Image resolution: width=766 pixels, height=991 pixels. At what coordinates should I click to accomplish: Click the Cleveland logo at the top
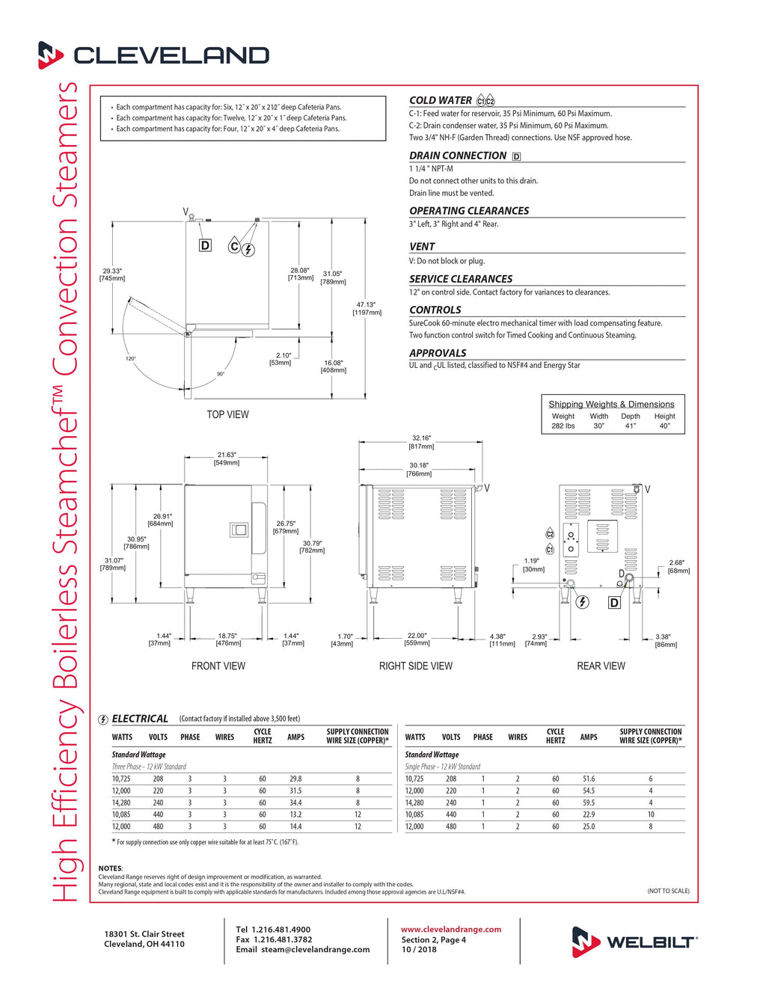(154, 55)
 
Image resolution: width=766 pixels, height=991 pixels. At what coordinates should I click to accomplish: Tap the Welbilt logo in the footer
(635, 942)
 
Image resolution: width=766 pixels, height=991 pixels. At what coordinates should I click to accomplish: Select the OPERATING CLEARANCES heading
(469, 211)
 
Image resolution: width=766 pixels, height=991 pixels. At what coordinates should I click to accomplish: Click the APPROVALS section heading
(438, 353)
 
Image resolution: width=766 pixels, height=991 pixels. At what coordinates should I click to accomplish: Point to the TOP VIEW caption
(227, 414)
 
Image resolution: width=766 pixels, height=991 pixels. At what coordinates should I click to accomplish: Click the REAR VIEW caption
(601, 666)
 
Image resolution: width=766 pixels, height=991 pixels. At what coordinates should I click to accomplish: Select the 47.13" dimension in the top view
(366, 305)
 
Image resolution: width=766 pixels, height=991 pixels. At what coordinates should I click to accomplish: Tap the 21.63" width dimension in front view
(227, 455)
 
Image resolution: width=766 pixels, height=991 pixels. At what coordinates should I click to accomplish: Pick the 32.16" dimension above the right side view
(421, 438)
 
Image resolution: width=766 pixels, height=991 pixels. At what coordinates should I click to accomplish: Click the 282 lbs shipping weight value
(563, 426)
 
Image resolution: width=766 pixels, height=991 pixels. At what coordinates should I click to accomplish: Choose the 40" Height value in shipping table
(664, 426)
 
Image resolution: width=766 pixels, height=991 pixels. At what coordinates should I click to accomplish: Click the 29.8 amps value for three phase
(295, 779)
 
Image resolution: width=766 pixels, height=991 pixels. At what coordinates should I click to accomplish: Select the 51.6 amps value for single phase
(589, 779)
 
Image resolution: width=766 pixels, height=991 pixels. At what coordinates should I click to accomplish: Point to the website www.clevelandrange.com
(451, 930)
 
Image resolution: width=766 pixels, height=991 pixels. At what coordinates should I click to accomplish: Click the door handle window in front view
(239, 530)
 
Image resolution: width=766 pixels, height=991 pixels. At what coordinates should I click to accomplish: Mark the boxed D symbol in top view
(205, 245)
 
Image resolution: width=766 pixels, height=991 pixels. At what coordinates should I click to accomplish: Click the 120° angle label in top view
(131, 358)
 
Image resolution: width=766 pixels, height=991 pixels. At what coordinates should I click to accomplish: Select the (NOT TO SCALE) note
(668, 891)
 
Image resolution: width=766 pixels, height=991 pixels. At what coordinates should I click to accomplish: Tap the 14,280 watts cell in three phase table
(121, 803)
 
